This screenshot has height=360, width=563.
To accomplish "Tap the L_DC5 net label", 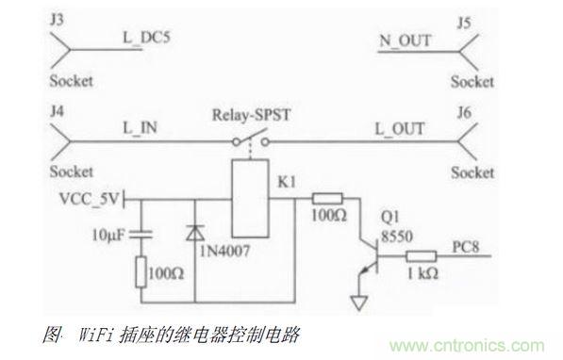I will (x=144, y=40).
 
